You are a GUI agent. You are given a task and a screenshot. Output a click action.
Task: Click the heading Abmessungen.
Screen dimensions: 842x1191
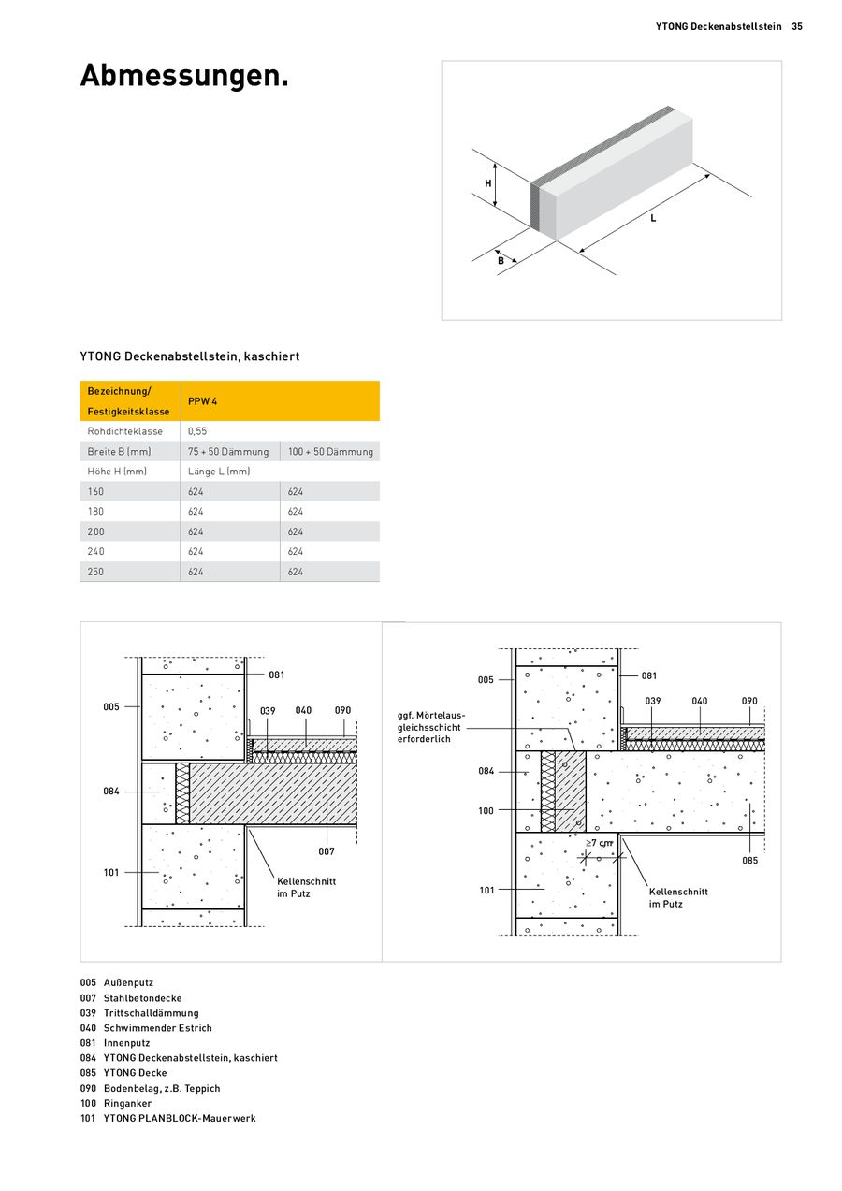(184, 76)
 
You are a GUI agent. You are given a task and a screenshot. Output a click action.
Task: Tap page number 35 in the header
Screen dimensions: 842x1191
(797, 26)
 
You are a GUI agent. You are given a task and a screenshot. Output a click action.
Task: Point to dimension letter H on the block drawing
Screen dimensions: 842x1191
(488, 183)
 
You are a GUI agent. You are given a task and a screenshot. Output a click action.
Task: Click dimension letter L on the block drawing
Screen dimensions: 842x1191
(653, 218)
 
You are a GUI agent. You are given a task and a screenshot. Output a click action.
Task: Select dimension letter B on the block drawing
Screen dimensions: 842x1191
(501, 260)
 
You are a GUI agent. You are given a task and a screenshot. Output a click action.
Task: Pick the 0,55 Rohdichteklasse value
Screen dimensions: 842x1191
(197, 431)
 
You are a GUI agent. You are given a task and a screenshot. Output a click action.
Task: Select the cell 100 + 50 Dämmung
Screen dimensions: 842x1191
(330, 451)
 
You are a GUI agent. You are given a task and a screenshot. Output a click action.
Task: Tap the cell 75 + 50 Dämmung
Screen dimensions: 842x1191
(228, 451)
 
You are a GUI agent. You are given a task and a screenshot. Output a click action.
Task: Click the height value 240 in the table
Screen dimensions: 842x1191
(95, 551)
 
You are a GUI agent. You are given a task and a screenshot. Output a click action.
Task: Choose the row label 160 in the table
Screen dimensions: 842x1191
(95, 491)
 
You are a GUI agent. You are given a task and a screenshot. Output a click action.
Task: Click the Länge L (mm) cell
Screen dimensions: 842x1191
(219, 472)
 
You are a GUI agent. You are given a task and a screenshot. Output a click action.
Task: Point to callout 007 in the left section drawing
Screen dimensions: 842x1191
(327, 851)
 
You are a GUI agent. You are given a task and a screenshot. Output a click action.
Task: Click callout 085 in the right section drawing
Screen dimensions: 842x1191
(750, 861)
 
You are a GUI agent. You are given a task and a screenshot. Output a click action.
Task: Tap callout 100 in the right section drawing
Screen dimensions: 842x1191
(486, 811)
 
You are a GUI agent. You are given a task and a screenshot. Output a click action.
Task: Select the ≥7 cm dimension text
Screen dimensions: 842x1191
(599, 843)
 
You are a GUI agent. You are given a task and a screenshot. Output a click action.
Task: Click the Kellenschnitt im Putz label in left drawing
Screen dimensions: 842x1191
(306, 887)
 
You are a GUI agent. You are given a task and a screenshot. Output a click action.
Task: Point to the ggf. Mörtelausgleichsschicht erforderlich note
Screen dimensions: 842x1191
(431, 727)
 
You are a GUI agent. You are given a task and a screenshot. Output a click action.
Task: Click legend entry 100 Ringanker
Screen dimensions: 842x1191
(116, 1103)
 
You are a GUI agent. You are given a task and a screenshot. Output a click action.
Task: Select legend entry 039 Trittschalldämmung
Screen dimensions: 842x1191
(139, 1013)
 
